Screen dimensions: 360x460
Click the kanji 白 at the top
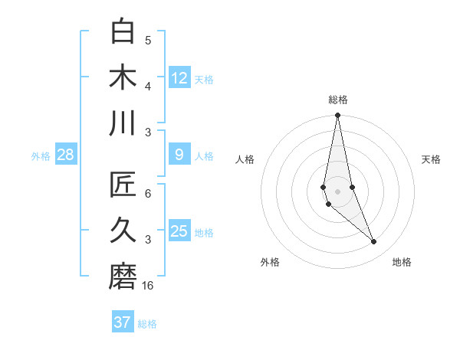(123, 33)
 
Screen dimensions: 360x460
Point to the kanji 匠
(123, 186)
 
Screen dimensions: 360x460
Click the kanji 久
(123, 231)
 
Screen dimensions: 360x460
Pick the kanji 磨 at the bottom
(123, 277)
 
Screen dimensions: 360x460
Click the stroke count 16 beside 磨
(149, 285)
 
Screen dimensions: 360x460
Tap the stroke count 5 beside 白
(148, 41)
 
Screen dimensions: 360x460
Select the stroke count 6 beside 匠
(148, 194)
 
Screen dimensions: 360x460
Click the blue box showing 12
(179, 77)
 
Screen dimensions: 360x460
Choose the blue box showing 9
(179, 155)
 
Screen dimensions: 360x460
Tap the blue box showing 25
(179, 231)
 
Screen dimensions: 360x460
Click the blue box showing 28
(66, 155)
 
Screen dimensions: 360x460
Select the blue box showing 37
(122, 322)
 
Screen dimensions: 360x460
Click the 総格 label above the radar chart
(338, 100)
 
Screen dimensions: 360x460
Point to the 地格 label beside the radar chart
(402, 262)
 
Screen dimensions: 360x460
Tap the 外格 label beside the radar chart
(270, 262)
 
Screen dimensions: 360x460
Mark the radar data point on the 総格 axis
(337, 116)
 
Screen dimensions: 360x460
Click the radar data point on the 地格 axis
(374, 242)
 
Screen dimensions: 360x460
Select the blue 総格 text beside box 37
(147, 323)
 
